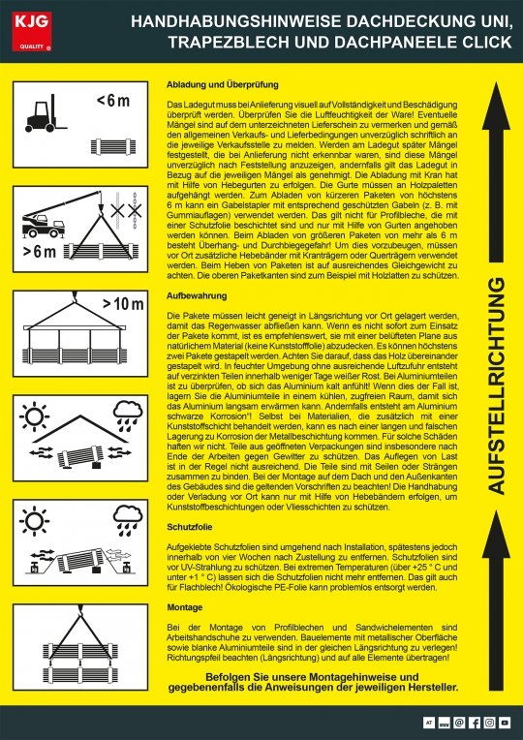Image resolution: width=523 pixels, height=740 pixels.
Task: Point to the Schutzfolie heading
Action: click(191, 530)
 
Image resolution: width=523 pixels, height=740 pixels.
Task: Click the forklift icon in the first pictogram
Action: click(45, 113)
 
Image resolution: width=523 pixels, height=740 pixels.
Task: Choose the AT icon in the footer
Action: click(428, 724)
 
